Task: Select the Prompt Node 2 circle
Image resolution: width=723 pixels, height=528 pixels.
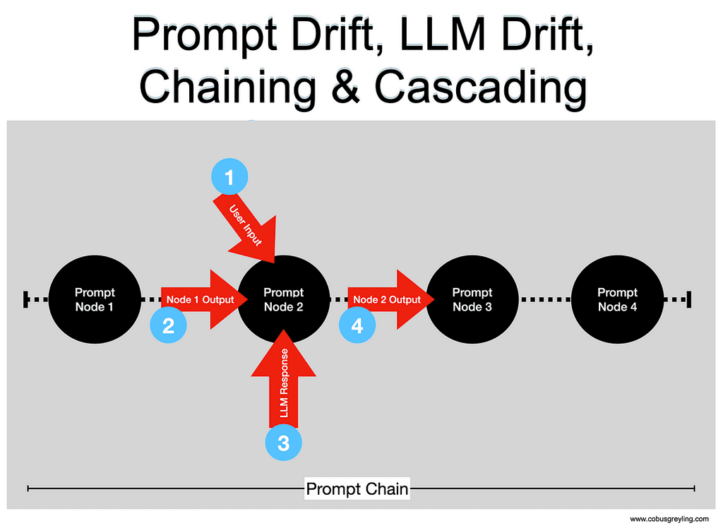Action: pos(284,299)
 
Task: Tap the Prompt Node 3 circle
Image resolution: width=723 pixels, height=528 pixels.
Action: pos(472,299)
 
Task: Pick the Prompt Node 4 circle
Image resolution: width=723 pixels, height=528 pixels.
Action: pos(618,299)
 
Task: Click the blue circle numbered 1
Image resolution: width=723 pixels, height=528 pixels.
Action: pos(229,176)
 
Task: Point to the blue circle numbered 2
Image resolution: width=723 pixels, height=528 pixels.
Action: pos(169,325)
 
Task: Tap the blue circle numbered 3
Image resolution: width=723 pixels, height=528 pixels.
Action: pos(283,443)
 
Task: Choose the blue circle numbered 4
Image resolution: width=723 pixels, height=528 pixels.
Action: pos(357,325)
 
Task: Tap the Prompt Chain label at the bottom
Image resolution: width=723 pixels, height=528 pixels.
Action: pos(357,488)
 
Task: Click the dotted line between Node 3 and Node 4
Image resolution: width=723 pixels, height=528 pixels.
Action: pos(544,299)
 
